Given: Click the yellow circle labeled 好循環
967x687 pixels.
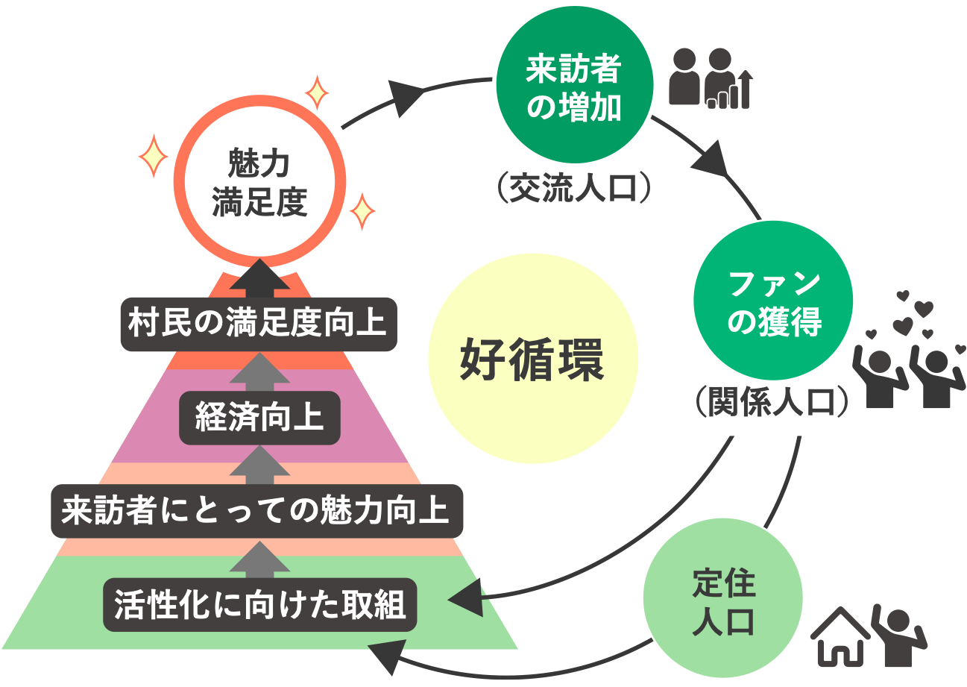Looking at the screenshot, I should [533, 358].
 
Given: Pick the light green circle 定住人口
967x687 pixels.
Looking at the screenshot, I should [722, 602].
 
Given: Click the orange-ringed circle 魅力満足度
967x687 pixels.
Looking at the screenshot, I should [260, 183].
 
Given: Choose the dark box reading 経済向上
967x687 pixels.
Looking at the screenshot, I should [259, 418].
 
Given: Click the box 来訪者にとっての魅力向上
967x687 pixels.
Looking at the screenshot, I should [256, 511].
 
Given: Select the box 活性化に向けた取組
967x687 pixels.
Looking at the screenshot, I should [259, 604].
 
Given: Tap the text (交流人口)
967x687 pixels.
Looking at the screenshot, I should [574, 189].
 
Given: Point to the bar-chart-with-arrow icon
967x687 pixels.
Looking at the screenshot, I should [731, 92].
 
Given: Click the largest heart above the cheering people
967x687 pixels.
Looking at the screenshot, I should [904, 325].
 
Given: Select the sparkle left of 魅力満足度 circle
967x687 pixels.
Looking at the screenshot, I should [154, 156].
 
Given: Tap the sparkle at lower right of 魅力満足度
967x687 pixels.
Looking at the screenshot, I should [363, 212].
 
